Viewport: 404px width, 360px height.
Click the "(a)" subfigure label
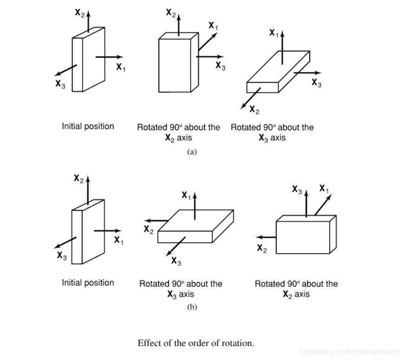coord(192,151)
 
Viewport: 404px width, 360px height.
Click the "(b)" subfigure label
coord(192,307)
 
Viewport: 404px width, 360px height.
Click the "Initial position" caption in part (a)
coord(88,126)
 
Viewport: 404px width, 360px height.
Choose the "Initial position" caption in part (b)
coord(88,282)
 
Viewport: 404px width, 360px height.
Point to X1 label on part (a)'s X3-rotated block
coord(273,33)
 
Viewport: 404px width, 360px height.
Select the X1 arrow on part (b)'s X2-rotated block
coord(324,205)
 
